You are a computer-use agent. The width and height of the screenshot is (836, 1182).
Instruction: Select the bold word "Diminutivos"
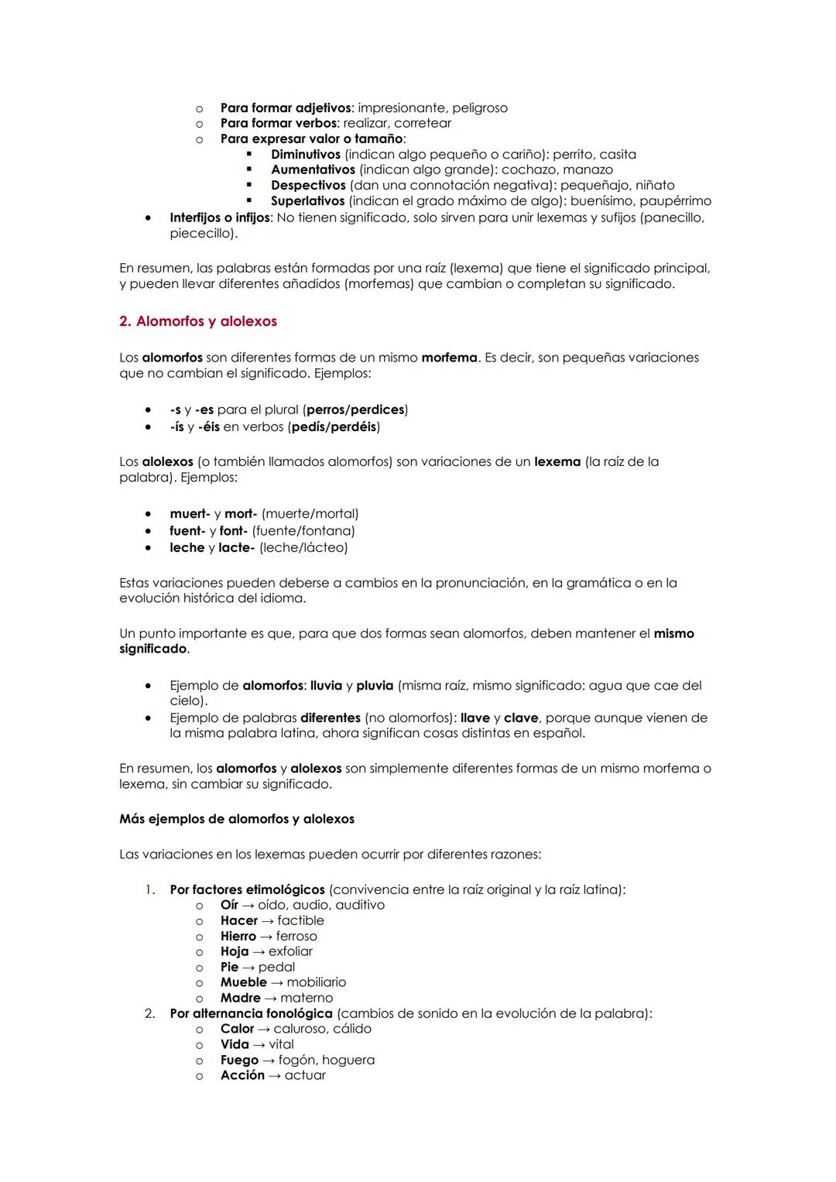306,154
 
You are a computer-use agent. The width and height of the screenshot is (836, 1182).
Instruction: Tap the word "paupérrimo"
675,201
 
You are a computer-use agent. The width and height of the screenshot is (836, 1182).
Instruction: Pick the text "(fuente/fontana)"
303,531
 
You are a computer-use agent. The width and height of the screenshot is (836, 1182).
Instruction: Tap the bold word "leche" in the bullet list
187,548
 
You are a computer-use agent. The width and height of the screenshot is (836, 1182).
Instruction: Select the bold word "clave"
520,718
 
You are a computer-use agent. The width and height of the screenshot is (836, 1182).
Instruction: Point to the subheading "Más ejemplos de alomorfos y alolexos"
237,819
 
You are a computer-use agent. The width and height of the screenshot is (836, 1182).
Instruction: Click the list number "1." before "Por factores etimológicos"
151,890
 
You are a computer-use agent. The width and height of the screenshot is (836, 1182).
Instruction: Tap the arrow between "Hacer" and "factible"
267,921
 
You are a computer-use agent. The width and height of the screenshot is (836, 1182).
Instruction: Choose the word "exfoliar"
290,952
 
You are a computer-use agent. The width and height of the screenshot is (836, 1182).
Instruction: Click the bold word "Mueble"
244,983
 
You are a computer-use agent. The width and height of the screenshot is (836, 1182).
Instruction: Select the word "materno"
307,999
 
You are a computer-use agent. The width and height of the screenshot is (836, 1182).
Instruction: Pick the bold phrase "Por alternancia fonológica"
251,1014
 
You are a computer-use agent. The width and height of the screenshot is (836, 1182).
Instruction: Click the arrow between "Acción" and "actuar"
274,1076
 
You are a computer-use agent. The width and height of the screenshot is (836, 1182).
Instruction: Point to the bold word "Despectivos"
308,186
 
